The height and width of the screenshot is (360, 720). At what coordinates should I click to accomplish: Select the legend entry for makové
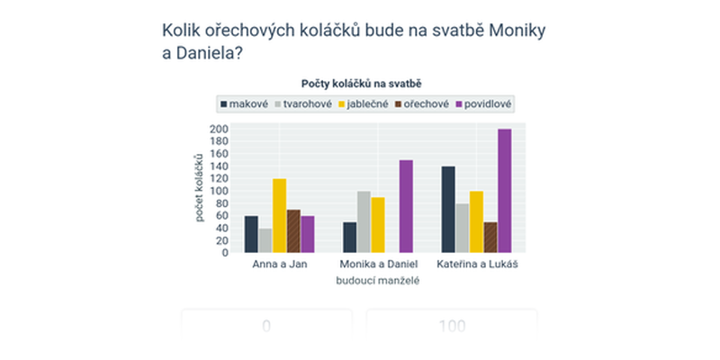pyautogui.click(x=243, y=103)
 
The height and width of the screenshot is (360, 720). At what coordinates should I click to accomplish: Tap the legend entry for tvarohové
pyautogui.click(x=304, y=103)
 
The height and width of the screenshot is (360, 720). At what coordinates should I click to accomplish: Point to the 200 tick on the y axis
pyautogui.click(x=219, y=130)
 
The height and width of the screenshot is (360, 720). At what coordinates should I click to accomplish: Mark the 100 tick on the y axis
pyautogui.click(x=219, y=191)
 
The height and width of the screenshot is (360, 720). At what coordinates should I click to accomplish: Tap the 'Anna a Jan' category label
pyautogui.click(x=279, y=265)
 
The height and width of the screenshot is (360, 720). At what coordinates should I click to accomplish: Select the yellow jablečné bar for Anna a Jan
pyautogui.click(x=279, y=216)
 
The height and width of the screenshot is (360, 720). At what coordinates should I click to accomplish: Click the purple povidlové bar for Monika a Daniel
pyautogui.click(x=406, y=206)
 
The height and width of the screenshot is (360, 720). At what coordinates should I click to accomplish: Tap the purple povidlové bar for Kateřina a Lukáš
pyautogui.click(x=504, y=191)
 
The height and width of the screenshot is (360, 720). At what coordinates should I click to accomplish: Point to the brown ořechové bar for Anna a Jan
pyautogui.click(x=293, y=231)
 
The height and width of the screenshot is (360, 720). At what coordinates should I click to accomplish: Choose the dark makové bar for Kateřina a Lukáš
pyautogui.click(x=448, y=210)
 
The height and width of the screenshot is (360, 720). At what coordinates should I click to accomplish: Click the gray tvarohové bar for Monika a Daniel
pyautogui.click(x=364, y=221)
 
